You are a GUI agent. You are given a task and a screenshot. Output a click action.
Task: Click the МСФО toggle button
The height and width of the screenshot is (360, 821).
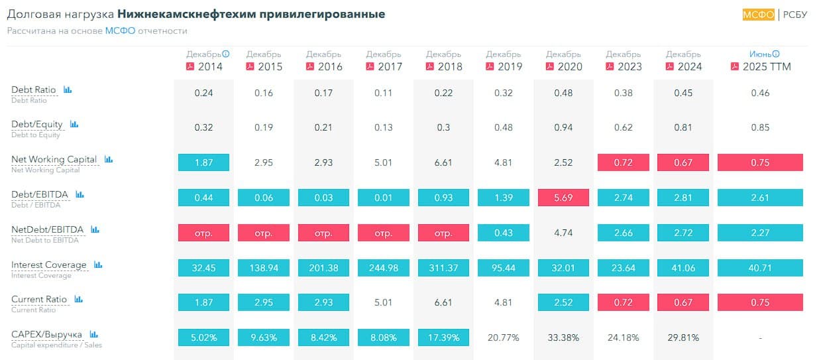click(758, 15)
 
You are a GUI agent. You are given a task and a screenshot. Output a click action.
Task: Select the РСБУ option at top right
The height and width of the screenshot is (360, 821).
click(795, 15)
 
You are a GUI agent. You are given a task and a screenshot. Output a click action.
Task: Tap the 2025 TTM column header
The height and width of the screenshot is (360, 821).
click(767, 66)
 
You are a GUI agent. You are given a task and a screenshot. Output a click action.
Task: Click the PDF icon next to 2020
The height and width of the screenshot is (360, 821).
click(550, 66)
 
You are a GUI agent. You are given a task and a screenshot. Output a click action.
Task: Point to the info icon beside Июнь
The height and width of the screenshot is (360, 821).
click(776, 54)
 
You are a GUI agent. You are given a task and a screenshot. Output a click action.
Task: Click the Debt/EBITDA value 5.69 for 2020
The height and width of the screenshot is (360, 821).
click(563, 198)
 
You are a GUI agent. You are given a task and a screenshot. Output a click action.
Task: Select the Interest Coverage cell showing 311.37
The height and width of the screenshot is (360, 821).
click(443, 268)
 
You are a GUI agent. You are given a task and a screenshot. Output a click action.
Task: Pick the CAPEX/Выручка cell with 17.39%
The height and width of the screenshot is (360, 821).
click(443, 337)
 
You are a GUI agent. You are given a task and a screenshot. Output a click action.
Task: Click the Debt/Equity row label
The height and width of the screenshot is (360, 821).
click(37, 124)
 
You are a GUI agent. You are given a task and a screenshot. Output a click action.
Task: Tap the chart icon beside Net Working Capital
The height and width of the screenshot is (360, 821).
click(109, 159)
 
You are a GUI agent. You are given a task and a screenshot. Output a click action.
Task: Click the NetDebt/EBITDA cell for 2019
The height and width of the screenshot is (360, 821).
click(503, 233)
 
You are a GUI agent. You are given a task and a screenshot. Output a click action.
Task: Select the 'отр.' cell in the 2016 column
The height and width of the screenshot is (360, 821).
click(323, 233)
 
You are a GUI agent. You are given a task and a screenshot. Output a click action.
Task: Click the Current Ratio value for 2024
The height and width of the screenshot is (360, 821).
click(683, 302)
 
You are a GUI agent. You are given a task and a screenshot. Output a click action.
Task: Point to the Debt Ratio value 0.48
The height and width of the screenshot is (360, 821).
click(563, 93)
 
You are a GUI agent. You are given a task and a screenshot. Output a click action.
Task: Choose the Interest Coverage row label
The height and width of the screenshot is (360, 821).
click(49, 265)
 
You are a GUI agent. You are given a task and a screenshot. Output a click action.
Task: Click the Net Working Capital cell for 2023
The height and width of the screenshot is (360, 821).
click(623, 162)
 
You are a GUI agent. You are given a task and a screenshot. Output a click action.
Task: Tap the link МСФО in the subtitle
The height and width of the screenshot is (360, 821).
click(120, 30)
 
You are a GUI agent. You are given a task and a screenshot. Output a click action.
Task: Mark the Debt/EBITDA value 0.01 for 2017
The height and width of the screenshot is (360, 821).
click(384, 198)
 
